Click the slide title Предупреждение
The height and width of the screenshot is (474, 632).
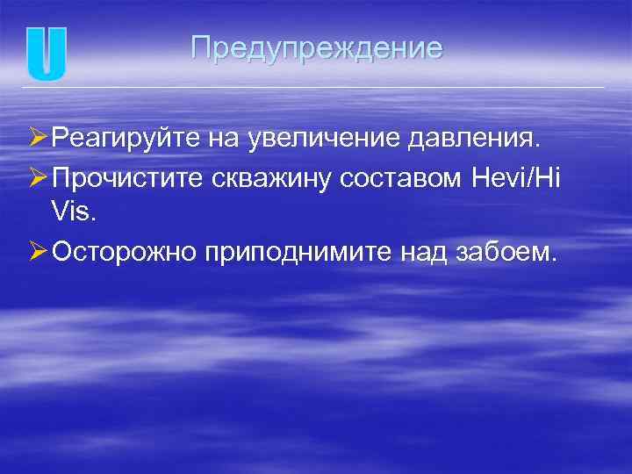pos(316,47)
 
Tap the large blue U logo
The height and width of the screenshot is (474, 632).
pos(46,54)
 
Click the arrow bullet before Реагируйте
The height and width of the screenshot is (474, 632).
pos(36,138)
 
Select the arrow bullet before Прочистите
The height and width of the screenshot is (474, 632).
pos(36,178)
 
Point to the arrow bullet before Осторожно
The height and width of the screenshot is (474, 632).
pos(36,254)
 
